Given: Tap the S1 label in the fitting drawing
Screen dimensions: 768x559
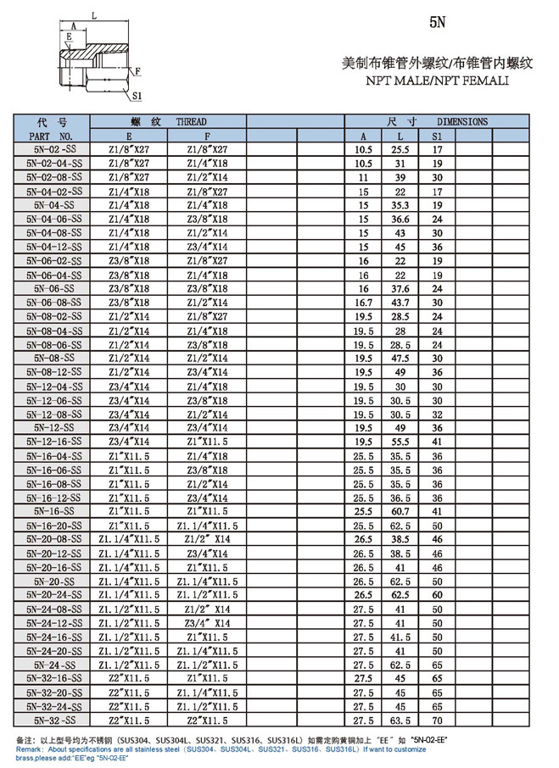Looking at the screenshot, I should [x=137, y=96].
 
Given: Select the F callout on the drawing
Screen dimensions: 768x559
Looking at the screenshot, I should [x=137, y=71].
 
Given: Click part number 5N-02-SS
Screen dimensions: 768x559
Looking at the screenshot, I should [x=53, y=149].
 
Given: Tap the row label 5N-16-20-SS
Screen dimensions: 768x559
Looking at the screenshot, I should [x=53, y=526].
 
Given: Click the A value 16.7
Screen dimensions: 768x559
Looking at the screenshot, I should [x=363, y=302].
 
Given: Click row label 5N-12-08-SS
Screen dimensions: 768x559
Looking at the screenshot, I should [x=53, y=415].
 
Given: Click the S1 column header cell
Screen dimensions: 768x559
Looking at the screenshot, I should [x=438, y=136].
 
